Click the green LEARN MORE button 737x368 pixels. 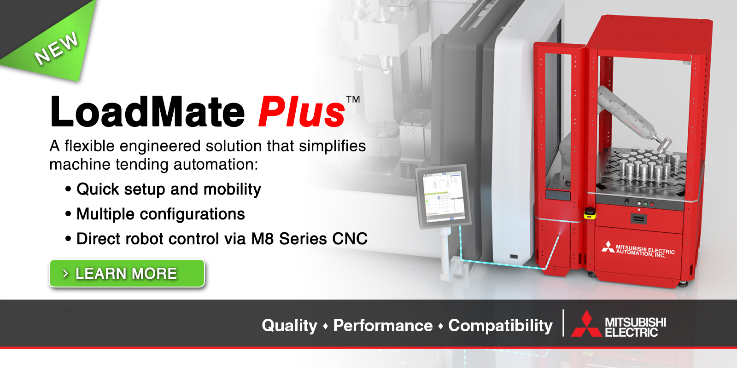pos(127,273)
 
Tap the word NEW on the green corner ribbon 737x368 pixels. pos(56,48)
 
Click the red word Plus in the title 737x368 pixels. pos(302,112)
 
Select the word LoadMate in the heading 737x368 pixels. pos(147,112)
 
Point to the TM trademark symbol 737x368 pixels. pos(353,99)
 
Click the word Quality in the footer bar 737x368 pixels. pos(289,326)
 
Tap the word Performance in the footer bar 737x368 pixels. pos(383,326)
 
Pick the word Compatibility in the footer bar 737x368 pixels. pos(500,326)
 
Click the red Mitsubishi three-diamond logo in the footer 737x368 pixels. pos(586,325)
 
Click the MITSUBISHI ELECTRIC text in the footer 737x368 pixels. pos(635,327)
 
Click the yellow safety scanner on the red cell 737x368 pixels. pos(590,213)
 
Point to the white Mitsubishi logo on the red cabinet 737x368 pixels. pos(608,247)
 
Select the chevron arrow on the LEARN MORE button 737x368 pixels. pos(65,274)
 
